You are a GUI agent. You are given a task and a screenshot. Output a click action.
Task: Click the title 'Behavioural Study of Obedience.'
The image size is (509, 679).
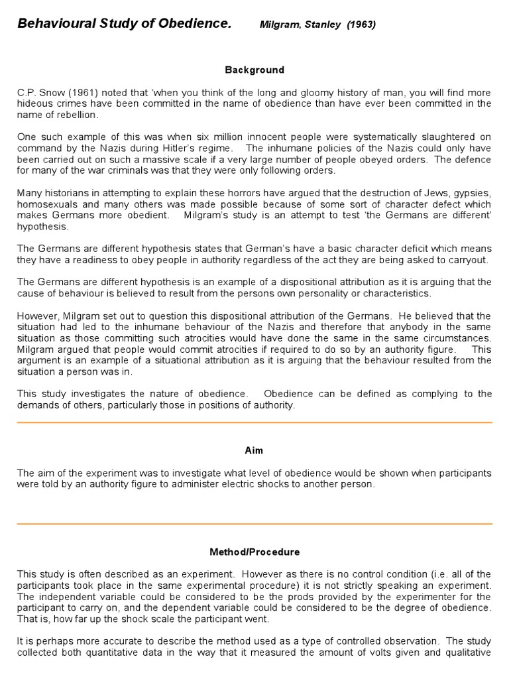124,25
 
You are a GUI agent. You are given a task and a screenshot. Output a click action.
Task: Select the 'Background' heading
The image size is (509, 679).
254,70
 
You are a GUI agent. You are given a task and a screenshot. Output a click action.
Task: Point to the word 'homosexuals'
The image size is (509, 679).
46,204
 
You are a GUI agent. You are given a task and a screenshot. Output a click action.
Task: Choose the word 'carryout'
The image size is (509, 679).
469,259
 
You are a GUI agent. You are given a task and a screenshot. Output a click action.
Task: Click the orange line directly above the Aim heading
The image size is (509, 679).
254,422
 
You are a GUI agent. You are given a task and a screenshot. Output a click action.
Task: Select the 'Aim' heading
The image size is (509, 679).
254,450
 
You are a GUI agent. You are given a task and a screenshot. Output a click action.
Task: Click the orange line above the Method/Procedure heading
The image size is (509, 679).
254,524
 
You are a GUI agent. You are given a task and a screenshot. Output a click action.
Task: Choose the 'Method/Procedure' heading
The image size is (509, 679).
254,552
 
